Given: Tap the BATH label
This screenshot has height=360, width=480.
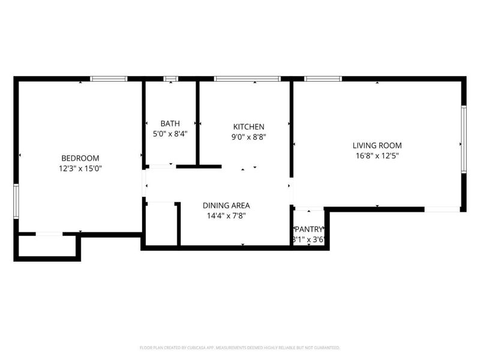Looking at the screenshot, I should [170, 124].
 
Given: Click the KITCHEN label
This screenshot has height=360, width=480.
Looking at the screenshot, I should [248, 127].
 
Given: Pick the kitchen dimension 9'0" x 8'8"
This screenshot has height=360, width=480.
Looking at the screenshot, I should [248, 137].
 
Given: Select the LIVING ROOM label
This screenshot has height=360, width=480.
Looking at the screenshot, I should [377, 145].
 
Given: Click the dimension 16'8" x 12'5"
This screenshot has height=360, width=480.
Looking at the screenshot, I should [377, 155].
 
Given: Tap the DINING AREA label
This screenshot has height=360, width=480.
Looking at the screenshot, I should [226, 205].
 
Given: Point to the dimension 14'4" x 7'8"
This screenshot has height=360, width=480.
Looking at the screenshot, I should [226, 215].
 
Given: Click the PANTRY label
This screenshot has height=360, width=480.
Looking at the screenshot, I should [309, 229].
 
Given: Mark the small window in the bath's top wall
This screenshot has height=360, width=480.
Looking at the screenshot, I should [171, 79].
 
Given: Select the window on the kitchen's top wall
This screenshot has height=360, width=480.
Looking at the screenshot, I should [247, 79].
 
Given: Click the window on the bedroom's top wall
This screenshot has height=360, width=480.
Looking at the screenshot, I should [109, 79].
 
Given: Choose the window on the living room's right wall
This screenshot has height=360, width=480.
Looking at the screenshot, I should [463, 139].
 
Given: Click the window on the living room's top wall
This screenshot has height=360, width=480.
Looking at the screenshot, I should [323, 79].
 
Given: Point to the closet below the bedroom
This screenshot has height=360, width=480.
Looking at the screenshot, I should [47, 246].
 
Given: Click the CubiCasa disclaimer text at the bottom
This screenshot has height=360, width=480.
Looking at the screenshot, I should [240, 347].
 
